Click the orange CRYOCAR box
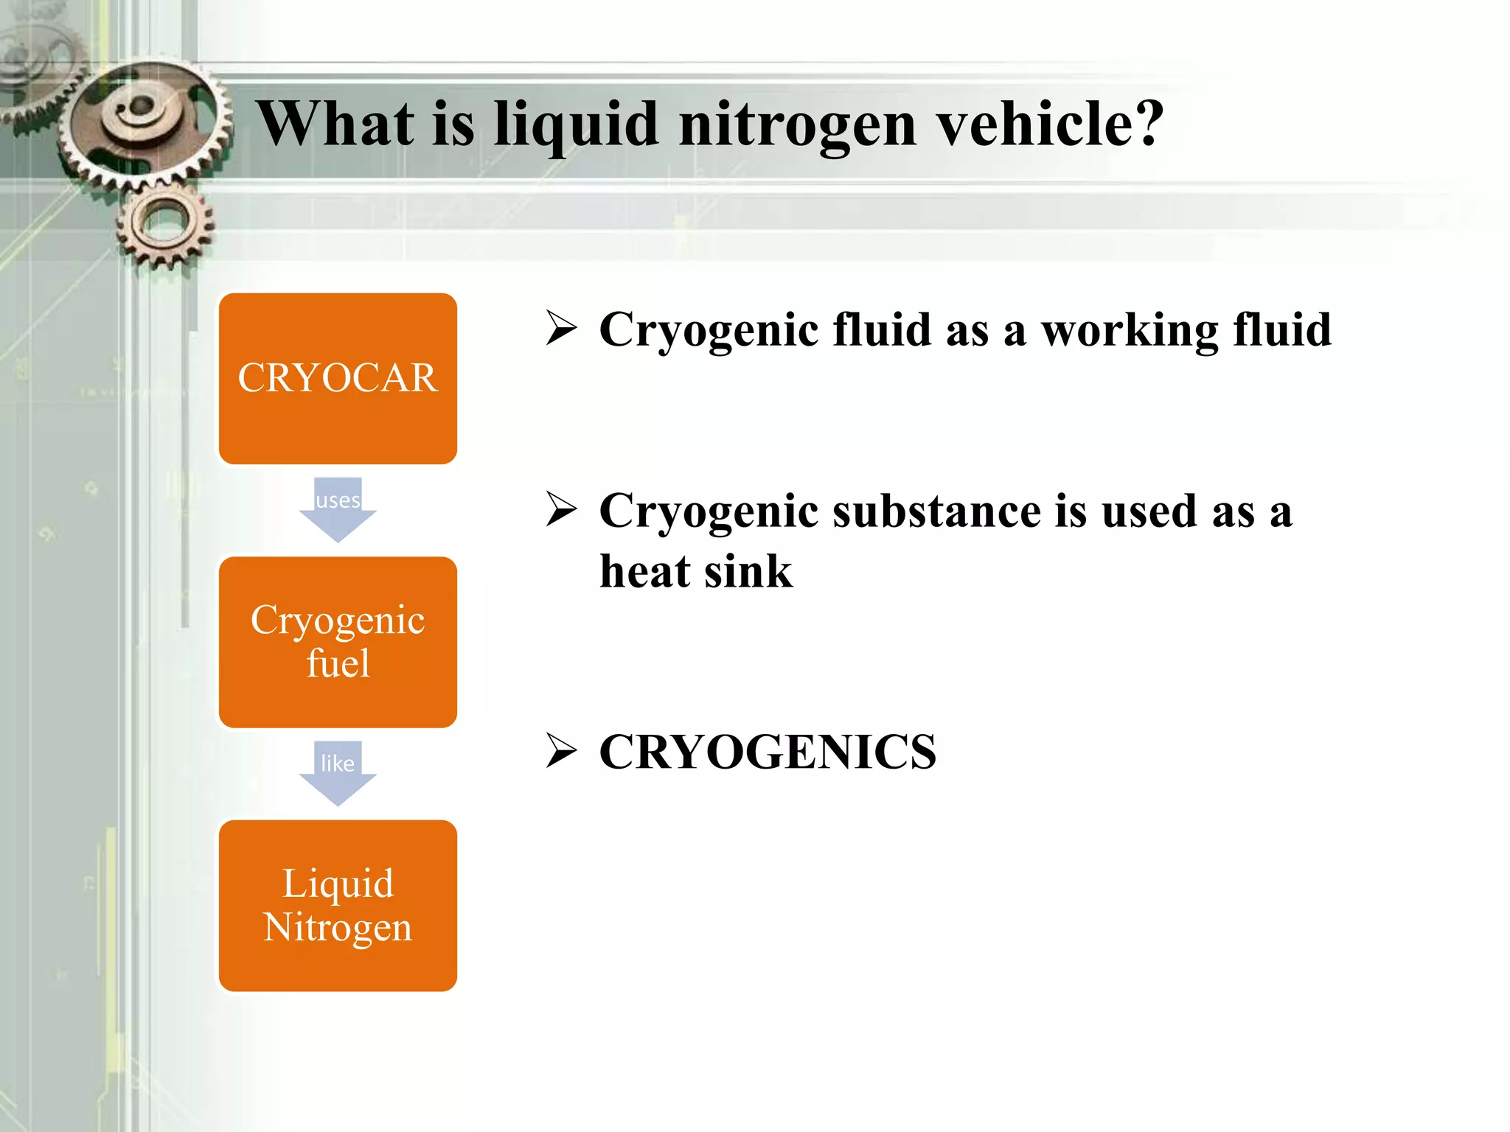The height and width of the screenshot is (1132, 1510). pos(338,378)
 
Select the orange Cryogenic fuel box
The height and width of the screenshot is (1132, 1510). pos(338,642)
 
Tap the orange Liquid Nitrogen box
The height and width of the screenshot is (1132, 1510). pos(338,905)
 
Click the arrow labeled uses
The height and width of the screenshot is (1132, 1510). pos(338,509)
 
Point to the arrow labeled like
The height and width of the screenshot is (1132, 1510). pos(338,772)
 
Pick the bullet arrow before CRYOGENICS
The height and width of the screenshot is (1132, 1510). pos(561,751)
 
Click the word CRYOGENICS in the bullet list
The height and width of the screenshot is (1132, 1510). pos(768,752)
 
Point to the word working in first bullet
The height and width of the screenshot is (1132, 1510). pos(1130,330)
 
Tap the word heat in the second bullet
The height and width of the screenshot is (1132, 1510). pos(645,572)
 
